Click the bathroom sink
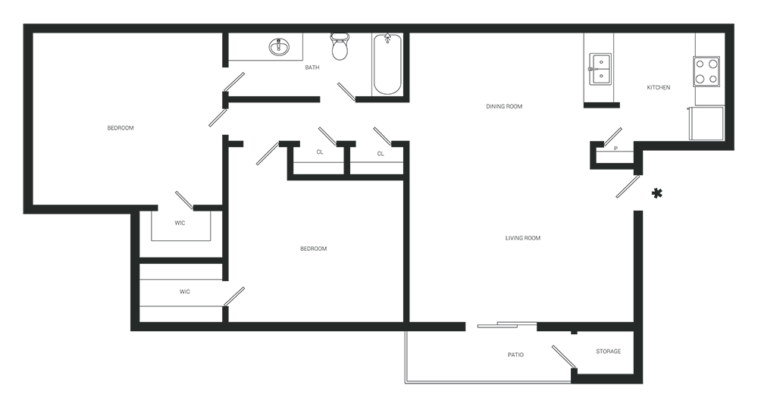279,48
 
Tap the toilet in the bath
340,46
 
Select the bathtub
387,64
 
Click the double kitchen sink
600,69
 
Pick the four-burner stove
706,71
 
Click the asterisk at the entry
656,194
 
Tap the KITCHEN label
659,87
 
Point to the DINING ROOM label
504,106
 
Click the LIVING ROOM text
522,238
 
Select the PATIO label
515,355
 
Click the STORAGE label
608,352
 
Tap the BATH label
312,67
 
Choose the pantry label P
615,149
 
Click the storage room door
564,357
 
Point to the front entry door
628,186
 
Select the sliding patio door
506,324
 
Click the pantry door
612,136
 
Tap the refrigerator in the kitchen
706,124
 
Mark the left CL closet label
320,152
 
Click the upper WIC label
180,224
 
